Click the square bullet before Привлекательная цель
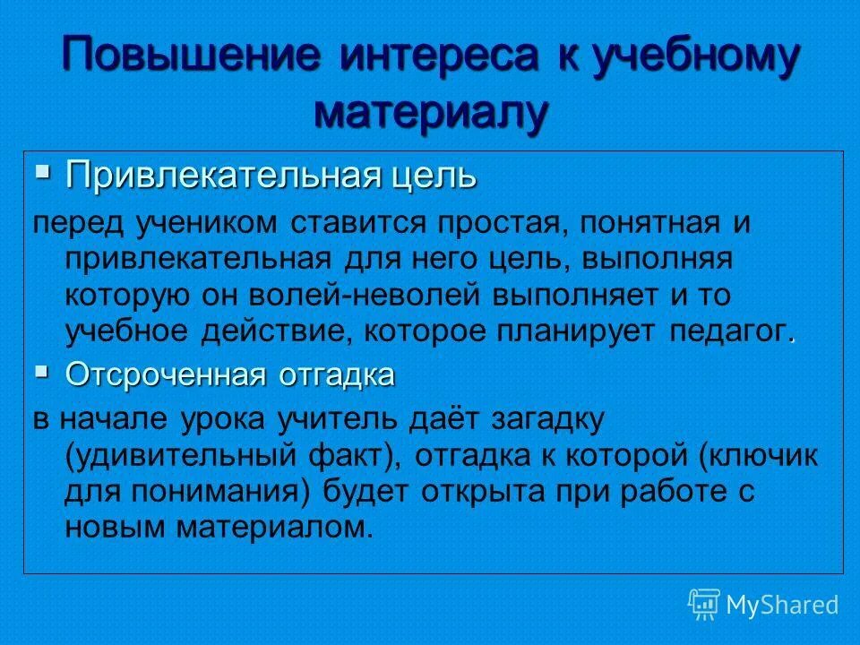[x=43, y=169]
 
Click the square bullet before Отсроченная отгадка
[x=43, y=369]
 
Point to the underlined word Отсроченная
[x=165, y=374]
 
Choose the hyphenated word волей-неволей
[x=348, y=294]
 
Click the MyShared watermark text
[x=783, y=605]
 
